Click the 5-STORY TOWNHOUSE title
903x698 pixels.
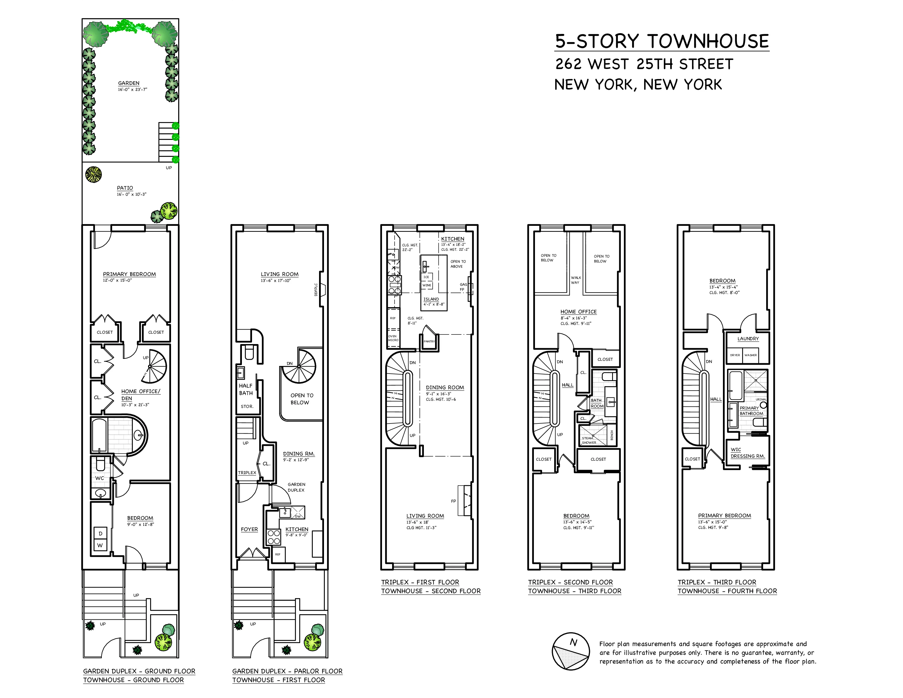coord(662,41)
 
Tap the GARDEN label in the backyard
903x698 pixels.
coord(129,83)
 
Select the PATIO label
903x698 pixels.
coord(125,188)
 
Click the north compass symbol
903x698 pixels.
coord(571,651)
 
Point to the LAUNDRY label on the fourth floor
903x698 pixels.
coord(748,339)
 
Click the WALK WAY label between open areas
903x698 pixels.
coord(575,280)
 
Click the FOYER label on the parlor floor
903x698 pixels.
coord(249,529)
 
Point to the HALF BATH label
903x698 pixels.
coord(246,389)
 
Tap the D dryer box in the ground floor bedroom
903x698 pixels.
coord(100,533)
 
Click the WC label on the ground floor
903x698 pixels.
coord(100,478)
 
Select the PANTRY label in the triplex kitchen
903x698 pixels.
coord(429,341)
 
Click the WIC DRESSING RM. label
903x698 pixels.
coord(748,453)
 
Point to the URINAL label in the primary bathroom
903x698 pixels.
coord(761,399)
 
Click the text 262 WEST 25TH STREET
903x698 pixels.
coord(644,64)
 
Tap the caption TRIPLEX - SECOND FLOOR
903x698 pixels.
coord(570,582)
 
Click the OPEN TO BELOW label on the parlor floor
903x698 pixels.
coord(302,399)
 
